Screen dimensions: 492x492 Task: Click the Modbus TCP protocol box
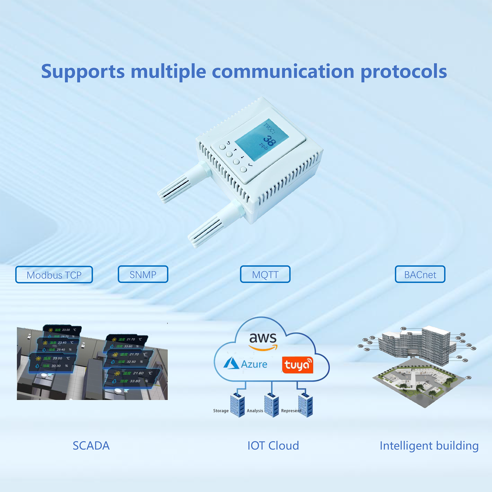[x=54, y=275]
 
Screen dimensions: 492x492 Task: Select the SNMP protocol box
[x=143, y=274]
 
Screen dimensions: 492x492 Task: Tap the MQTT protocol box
[x=265, y=274]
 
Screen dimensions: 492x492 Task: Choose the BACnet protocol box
[x=420, y=274]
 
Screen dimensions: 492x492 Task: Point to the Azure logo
[x=245, y=364]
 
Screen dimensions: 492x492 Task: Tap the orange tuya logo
[x=297, y=365]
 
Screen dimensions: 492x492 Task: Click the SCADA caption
[x=91, y=446]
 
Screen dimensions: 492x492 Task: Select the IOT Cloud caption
[x=273, y=446]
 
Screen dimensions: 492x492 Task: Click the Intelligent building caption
[x=429, y=446]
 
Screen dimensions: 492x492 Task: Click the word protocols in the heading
[x=403, y=72]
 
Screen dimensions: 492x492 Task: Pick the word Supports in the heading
[x=83, y=72]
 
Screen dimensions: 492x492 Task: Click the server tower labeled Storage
[x=237, y=405]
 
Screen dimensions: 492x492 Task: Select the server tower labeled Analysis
[x=271, y=405]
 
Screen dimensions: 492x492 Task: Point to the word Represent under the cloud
[x=291, y=411]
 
